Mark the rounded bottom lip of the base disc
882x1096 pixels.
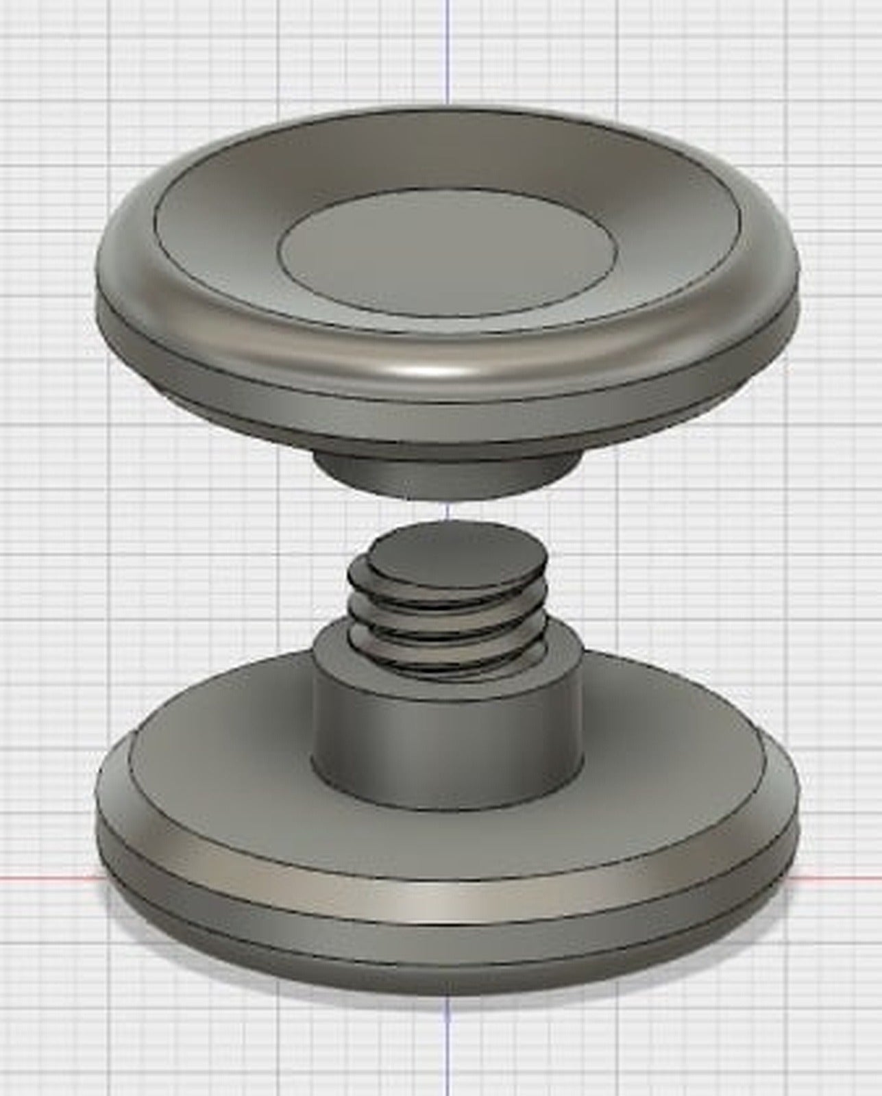pos(445,959)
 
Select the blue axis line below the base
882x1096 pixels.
pos(448,1048)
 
